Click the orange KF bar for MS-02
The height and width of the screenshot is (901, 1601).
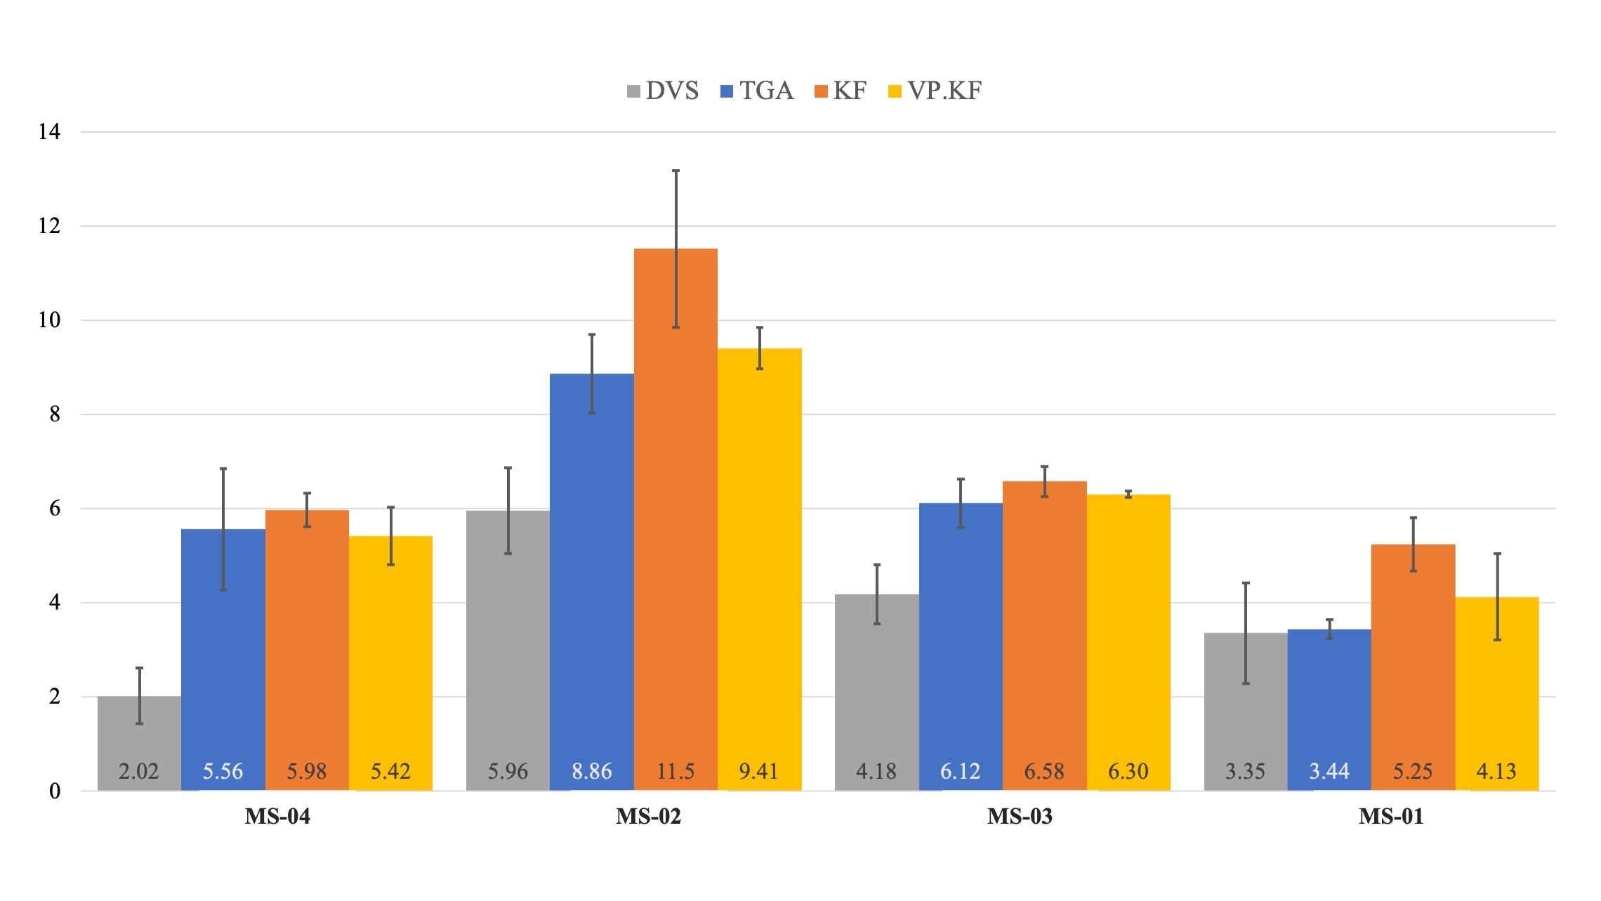point(676,520)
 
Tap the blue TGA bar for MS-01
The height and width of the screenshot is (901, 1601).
point(1329,709)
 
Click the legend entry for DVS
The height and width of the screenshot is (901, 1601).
point(663,91)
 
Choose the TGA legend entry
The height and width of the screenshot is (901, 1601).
point(757,91)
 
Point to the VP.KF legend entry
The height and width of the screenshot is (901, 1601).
point(935,91)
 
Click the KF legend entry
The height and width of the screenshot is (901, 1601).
point(841,91)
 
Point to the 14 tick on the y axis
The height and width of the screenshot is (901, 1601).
point(49,132)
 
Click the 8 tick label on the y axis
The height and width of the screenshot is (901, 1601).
point(55,414)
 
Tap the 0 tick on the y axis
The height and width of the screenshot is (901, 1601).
point(55,791)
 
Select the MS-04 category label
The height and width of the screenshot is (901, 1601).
point(277,817)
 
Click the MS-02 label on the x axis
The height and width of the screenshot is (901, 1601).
point(648,817)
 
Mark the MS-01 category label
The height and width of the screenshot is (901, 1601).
point(1391,817)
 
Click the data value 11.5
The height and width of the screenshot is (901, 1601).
point(676,772)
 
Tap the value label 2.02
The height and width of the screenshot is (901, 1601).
point(139,772)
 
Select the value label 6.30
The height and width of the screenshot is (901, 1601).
point(1128,772)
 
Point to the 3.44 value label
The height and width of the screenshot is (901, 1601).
point(1329,772)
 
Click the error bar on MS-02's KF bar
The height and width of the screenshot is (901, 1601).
point(676,211)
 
